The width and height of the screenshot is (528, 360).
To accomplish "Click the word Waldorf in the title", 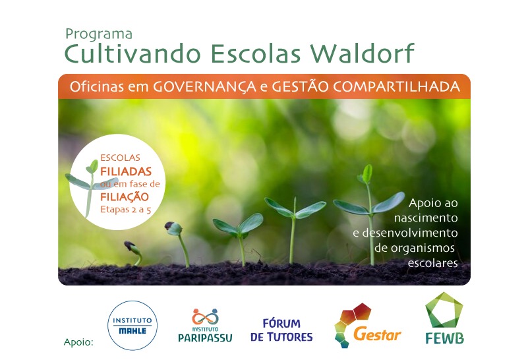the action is [362, 53].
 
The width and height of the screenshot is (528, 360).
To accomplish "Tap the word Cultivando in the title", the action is [132, 53].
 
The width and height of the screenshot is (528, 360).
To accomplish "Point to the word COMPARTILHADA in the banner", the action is [397, 86].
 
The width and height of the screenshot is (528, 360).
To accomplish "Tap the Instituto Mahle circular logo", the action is [132, 325].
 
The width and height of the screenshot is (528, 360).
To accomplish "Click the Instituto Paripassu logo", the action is [205, 325].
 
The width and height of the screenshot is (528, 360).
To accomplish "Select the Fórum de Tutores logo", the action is [281, 330].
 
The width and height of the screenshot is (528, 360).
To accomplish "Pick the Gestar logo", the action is [368, 325].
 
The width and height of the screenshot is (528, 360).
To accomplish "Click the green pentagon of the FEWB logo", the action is [444, 310].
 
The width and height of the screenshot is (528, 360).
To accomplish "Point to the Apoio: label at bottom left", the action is [78, 342].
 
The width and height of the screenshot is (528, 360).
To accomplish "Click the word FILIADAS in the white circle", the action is [126, 171].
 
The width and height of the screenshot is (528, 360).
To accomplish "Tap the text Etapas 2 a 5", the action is [126, 210].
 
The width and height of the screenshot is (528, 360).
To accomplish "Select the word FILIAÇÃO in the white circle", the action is [125, 196].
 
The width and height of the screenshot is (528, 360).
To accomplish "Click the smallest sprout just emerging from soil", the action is [134, 251].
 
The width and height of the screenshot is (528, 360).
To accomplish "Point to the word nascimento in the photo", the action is [426, 218].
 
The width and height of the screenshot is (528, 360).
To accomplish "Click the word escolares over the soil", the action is [432, 262].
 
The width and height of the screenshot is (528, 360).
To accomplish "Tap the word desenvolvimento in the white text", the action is [405, 233].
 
